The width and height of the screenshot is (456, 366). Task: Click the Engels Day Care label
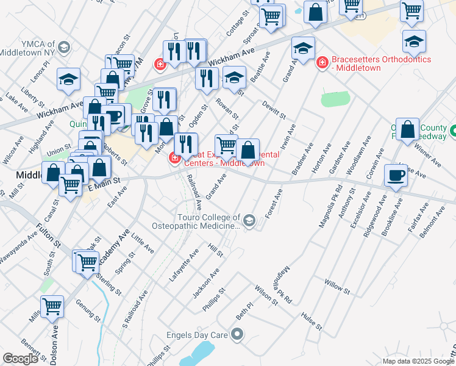pos(197,335)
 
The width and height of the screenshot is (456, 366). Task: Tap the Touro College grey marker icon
pos(249,221)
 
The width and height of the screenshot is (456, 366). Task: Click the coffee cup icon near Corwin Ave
pos(396,175)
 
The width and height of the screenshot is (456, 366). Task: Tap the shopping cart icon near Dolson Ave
pos(52,307)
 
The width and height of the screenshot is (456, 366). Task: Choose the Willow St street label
pos(337,287)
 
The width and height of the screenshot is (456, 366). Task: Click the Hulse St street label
pos(312,321)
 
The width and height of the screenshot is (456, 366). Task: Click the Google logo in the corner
pos(20,359)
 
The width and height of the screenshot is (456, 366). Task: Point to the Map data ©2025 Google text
pos(418,361)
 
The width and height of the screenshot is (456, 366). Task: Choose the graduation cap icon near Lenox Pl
pos(68,79)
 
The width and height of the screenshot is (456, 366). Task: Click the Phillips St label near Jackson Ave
pos(214,299)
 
